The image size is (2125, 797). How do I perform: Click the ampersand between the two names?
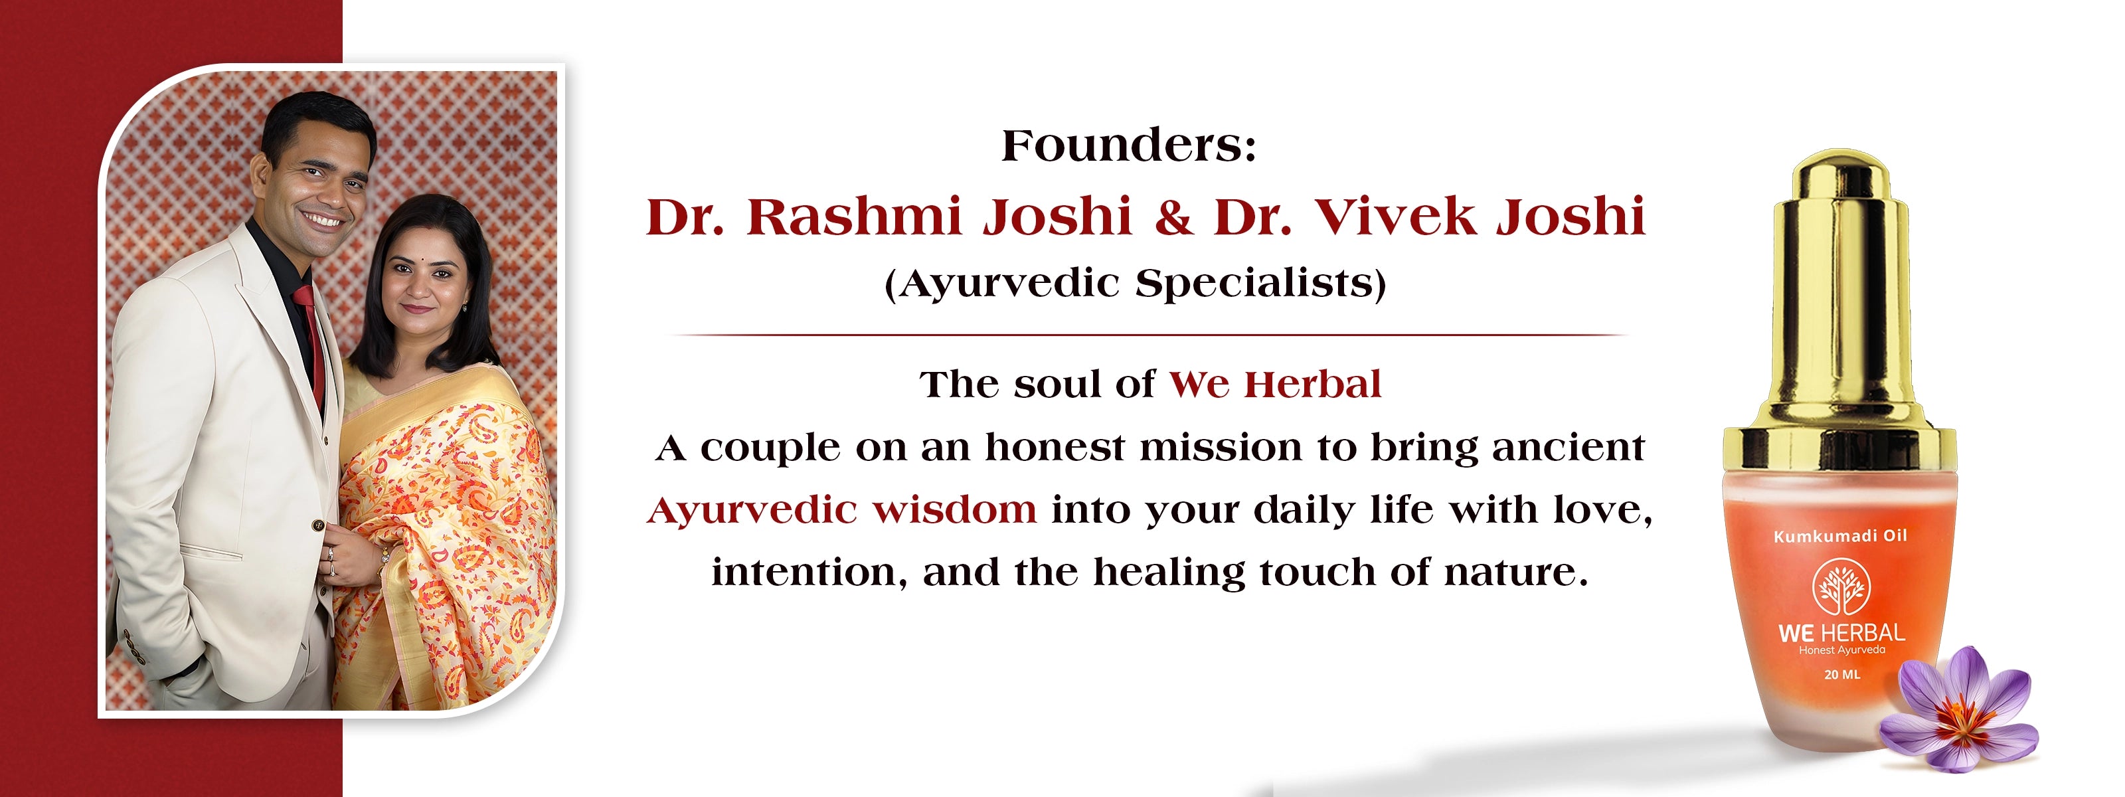click(1173, 218)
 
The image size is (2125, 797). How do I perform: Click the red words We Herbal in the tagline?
click(1275, 385)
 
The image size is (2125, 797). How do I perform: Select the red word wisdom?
click(954, 509)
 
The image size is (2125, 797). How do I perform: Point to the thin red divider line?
click(1147, 335)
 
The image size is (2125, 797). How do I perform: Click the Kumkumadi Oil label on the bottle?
click(1840, 536)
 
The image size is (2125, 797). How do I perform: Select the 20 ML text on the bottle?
click(1842, 674)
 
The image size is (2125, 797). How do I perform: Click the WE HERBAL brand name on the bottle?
click(1841, 633)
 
